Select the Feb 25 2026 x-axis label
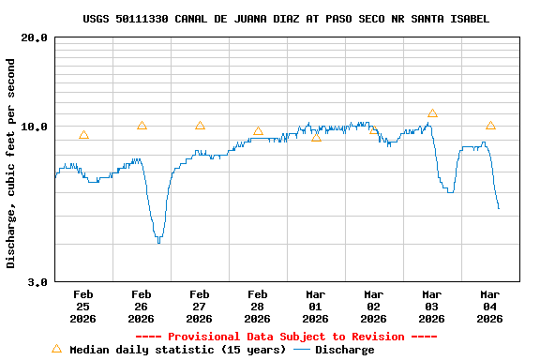(82, 306)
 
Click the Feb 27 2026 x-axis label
(199, 306)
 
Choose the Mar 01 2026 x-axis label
(315, 306)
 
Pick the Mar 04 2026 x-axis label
(489, 306)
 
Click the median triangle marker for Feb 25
(83, 135)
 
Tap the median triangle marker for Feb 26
(142, 126)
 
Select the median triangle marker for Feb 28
(258, 131)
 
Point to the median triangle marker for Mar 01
(316, 138)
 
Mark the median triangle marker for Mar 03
(432, 113)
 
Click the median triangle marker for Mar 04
(490, 126)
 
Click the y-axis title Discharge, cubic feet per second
(11, 163)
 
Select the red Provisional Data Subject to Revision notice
(286, 337)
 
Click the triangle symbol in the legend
(56, 349)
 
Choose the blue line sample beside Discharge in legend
(302, 350)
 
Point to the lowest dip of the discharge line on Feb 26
(158, 242)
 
